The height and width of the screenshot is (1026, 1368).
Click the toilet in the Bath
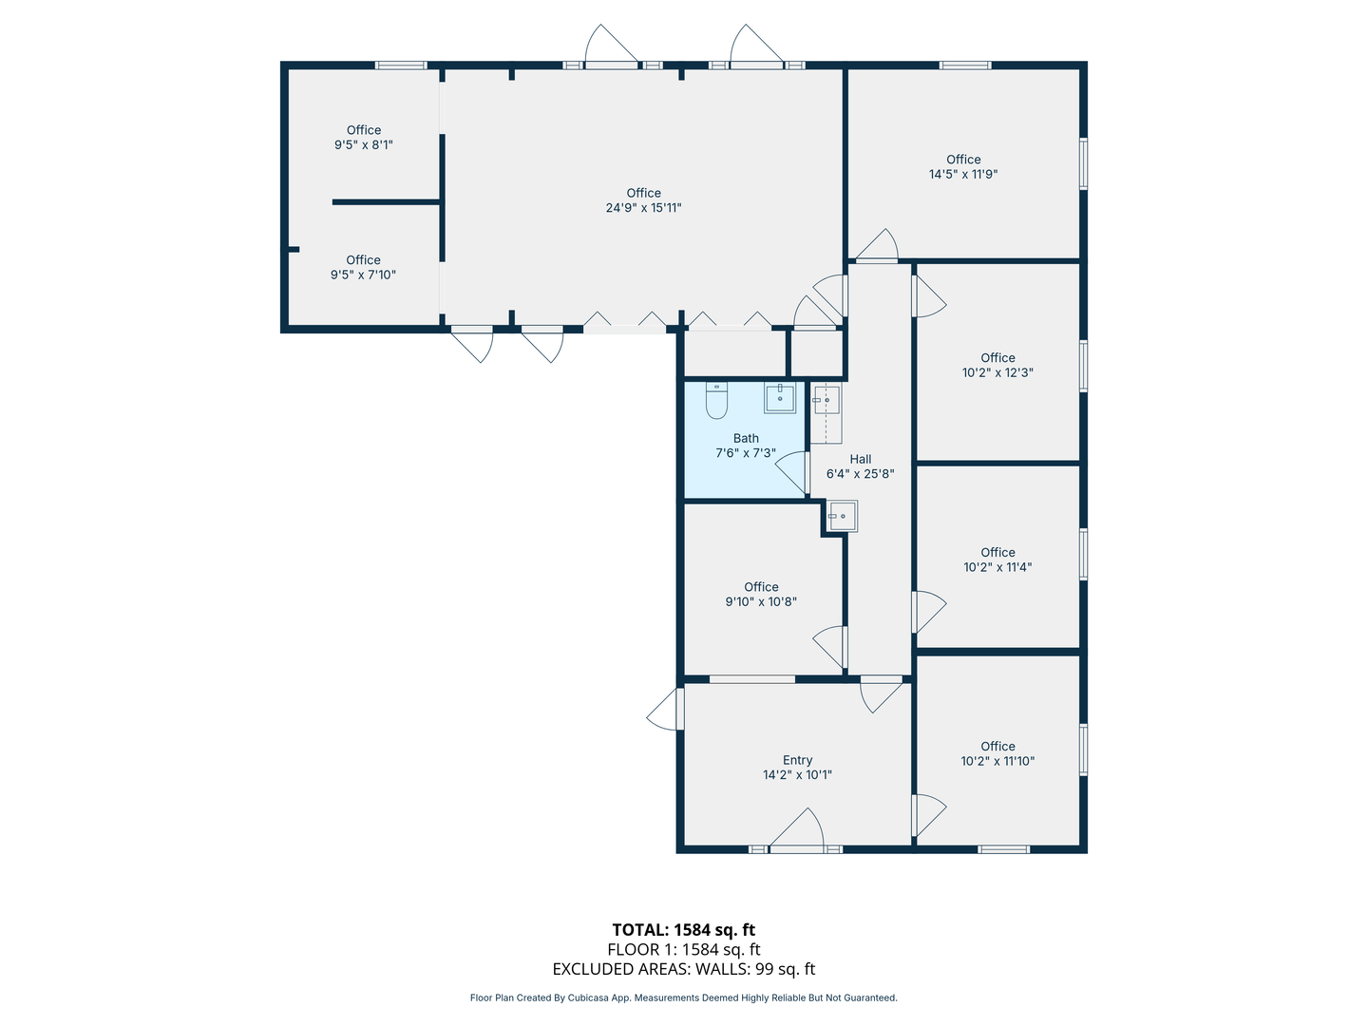(716, 400)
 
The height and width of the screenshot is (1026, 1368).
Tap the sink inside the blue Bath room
(780, 398)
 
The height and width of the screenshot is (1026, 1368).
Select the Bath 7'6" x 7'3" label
(746, 446)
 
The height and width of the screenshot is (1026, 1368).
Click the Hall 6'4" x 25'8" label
(860, 465)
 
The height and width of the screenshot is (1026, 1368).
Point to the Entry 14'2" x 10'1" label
(797, 767)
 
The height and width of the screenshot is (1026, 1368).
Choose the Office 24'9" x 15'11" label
(643, 199)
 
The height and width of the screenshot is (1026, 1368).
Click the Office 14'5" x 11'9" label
(963, 166)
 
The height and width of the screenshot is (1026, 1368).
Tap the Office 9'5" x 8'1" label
(363, 137)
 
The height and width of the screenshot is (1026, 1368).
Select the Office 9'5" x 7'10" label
(363, 267)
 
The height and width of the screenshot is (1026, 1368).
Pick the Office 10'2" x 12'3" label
(997, 365)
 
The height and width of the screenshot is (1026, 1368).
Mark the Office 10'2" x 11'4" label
(997, 559)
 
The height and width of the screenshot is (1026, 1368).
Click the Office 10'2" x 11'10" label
(997, 752)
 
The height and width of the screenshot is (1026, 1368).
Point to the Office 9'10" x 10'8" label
(760, 594)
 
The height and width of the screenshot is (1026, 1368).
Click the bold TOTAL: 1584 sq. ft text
(683, 929)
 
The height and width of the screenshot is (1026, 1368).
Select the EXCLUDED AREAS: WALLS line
(683, 969)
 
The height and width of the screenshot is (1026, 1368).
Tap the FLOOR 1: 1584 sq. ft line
(683, 949)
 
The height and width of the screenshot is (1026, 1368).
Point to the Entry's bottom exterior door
(797, 827)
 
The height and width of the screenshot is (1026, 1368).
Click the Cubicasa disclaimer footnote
(683, 997)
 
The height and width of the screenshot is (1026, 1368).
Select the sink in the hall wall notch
(842, 516)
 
